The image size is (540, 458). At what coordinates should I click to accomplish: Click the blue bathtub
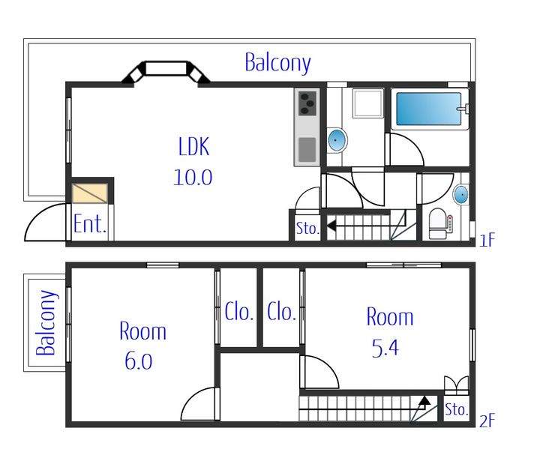point(428,109)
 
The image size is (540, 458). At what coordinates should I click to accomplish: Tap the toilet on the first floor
point(439,223)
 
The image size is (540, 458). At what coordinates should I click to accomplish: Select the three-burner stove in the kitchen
point(307,103)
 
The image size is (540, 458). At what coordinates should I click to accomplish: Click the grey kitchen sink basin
point(307,150)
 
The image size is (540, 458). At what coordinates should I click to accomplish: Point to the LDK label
point(193,146)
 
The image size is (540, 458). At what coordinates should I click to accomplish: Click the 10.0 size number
point(193,178)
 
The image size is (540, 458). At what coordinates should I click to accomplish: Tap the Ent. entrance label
point(89,223)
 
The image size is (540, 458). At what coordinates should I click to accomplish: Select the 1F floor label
point(487,240)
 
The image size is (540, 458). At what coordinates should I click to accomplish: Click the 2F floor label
point(487,421)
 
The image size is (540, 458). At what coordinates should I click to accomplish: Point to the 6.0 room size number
point(139,361)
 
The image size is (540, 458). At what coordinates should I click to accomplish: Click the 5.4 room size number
point(385,348)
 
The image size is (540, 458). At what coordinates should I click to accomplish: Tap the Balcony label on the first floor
point(277,63)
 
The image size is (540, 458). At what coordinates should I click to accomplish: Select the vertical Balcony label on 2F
point(46,322)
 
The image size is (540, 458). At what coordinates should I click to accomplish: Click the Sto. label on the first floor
point(307,228)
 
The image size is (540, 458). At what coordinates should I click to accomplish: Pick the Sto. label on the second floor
point(456,409)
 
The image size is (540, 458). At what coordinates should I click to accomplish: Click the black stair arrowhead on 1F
point(331,226)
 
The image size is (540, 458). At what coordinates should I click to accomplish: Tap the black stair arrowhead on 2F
point(425,400)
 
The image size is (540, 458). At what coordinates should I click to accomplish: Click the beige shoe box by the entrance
point(90,193)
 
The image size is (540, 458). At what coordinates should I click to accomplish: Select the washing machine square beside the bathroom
point(368,103)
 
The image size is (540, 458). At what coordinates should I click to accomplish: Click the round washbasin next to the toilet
point(460,195)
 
